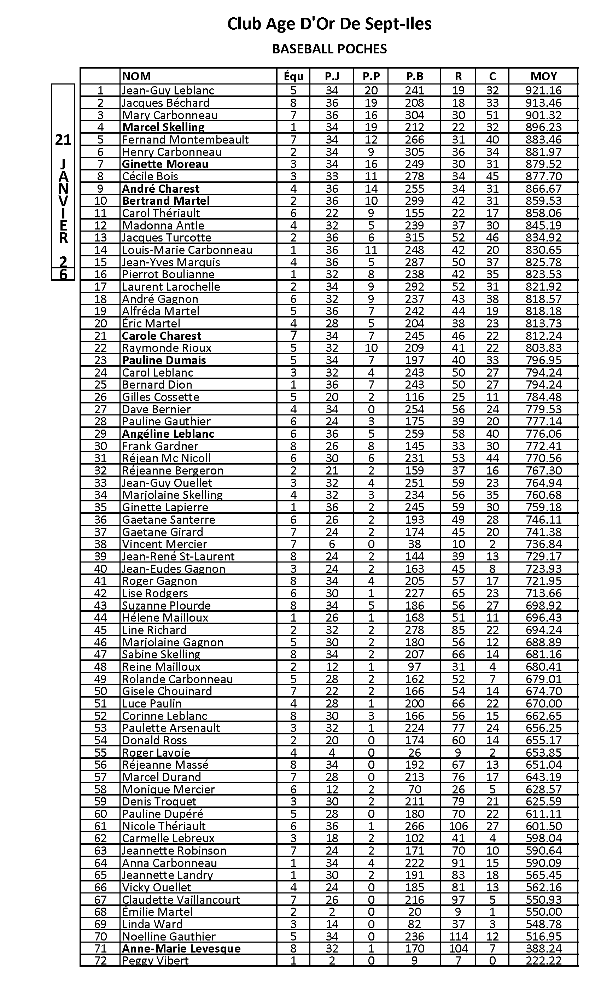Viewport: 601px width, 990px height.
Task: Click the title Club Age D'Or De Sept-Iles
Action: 329,24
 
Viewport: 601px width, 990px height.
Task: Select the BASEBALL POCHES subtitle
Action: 329,49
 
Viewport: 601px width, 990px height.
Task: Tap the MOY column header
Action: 543,76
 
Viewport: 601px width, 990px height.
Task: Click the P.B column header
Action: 414,76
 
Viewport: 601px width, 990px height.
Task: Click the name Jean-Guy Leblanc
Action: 168,91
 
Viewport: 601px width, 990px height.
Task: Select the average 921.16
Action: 543,91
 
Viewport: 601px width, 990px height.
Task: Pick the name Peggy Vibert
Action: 155,961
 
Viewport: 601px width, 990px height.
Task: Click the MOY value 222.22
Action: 543,961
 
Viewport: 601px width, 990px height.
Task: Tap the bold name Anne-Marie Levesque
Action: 181,949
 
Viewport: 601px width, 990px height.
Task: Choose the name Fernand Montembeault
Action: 185,139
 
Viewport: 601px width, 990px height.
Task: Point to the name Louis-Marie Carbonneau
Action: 187,250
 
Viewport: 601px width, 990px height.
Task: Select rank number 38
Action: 100,544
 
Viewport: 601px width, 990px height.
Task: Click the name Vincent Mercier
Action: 164,544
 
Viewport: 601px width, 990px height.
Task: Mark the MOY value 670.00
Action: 543,704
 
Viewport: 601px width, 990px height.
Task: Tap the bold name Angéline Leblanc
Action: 168,433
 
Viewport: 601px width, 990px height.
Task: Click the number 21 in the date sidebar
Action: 63,140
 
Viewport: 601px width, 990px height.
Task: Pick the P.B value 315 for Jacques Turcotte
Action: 414,238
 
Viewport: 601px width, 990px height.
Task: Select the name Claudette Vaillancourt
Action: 181,899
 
